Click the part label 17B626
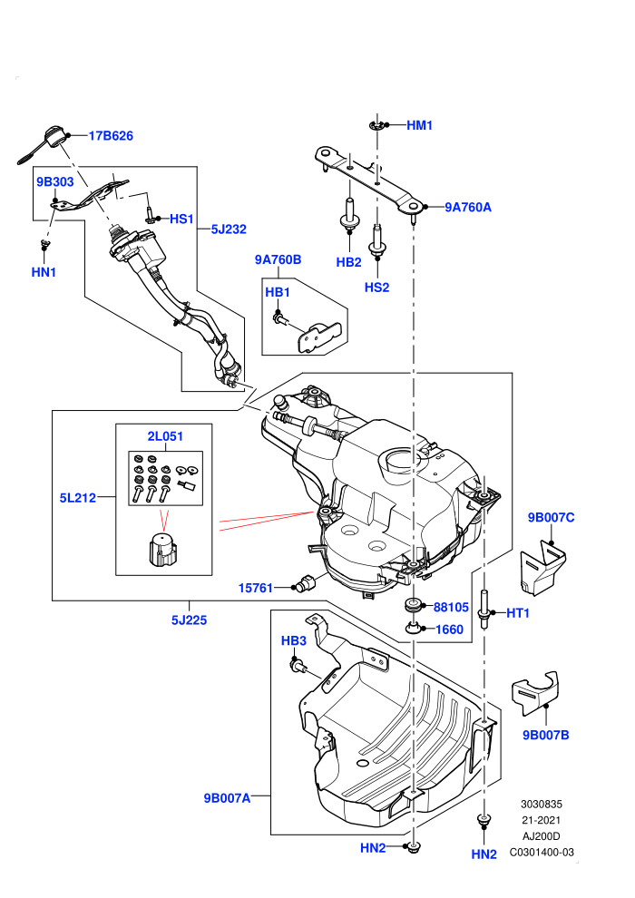click(111, 136)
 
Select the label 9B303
click(55, 181)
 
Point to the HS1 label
click(181, 219)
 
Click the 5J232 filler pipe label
click(229, 229)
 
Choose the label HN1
click(44, 272)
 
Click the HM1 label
click(419, 125)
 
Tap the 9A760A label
click(468, 208)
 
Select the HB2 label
click(348, 262)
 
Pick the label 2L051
click(165, 435)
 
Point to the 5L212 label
click(78, 498)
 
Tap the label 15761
click(256, 588)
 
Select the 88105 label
click(451, 607)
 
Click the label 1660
click(449, 630)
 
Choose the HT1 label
click(518, 613)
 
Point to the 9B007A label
click(227, 798)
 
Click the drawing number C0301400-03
click(542, 852)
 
